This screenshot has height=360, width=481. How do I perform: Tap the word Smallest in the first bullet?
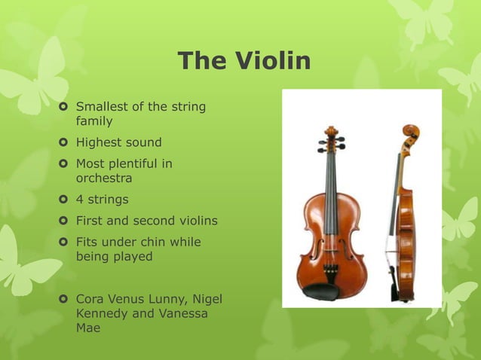tap(103, 106)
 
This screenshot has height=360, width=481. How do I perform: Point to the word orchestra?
tap(104, 178)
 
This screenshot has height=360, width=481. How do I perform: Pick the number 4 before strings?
tap(80, 200)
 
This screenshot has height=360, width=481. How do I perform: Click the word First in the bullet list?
tap(90, 221)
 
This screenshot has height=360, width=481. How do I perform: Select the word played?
tap(133, 257)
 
